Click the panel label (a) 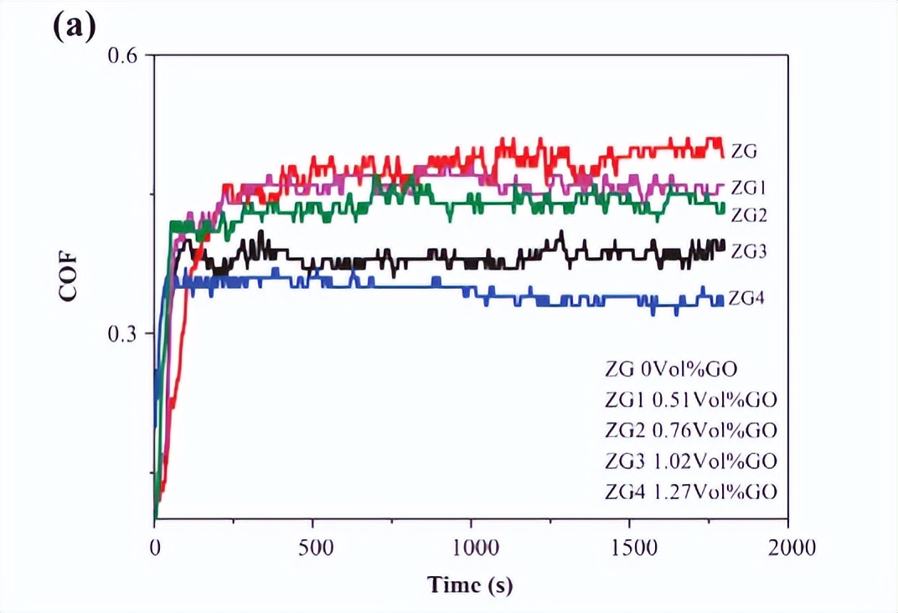[x=75, y=27]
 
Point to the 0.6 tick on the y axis [x=126, y=55]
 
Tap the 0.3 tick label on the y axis [x=126, y=333]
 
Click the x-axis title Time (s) [x=470, y=585]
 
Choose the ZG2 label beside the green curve [x=750, y=214]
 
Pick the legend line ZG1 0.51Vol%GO [x=690, y=400]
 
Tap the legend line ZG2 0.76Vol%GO [x=690, y=430]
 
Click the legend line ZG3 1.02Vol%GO [x=690, y=461]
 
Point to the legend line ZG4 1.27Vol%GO [x=690, y=491]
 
